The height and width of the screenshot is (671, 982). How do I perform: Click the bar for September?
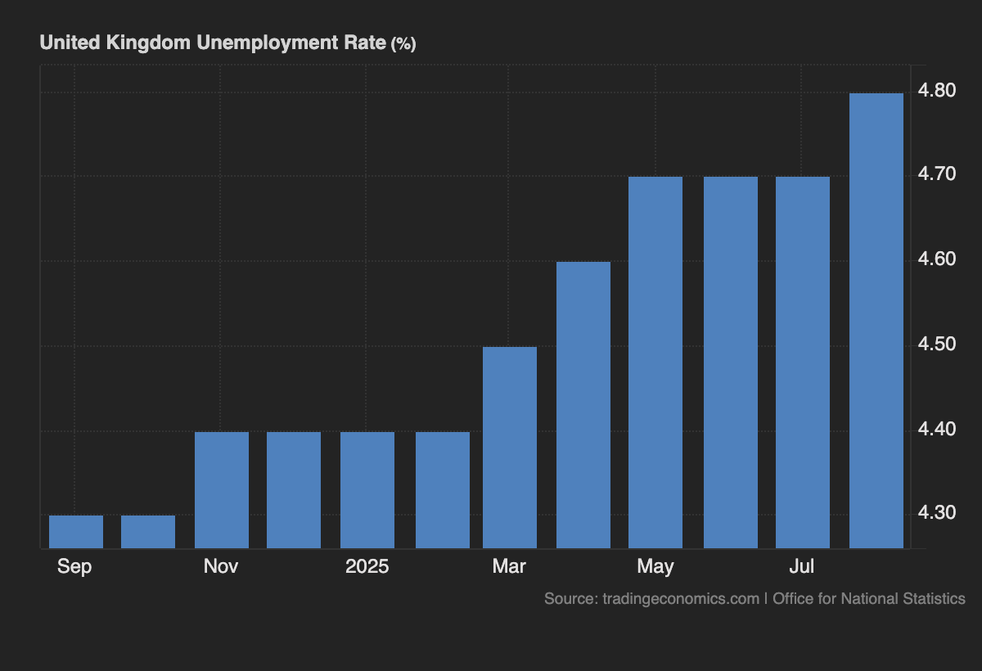[76, 532]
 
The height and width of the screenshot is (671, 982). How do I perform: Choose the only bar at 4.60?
[583, 404]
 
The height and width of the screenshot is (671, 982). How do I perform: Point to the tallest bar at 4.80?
[876, 320]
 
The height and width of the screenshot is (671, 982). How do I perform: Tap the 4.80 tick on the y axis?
[937, 90]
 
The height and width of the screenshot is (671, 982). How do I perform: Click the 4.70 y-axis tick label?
[937, 174]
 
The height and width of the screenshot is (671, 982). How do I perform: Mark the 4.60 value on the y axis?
[937, 259]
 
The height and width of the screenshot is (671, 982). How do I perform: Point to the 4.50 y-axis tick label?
[937, 344]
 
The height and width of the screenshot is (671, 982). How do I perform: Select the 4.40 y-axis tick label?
[937, 429]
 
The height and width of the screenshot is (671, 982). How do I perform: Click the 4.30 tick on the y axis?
[937, 513]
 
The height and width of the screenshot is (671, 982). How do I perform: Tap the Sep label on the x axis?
[74, 566]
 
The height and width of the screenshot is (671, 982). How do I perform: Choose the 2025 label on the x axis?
[367, 566]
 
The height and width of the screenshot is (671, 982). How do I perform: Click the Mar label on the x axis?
[509, 566]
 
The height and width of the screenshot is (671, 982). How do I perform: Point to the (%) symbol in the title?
[403, 44]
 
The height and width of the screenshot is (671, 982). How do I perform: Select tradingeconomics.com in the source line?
[681, 598]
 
